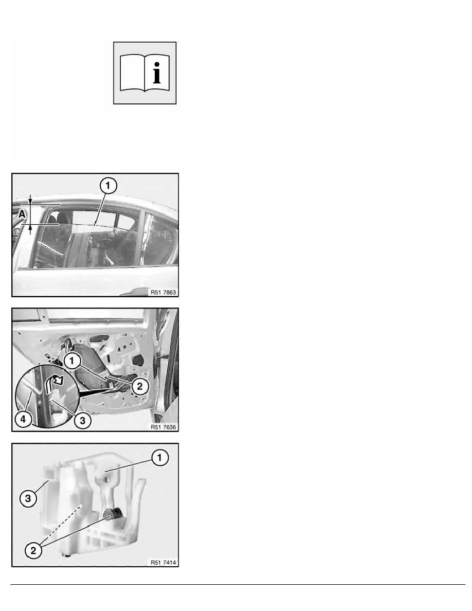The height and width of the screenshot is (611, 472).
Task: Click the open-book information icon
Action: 144,73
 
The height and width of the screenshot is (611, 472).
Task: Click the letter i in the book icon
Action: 157,73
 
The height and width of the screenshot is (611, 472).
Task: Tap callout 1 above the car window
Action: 108,186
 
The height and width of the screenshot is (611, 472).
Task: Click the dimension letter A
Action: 22,214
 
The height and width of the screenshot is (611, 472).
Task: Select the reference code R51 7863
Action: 164,292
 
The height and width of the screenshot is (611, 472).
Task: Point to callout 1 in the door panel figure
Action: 71,361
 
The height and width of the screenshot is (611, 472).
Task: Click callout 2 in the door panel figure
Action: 140,387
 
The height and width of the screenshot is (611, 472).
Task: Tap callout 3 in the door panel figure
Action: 83,421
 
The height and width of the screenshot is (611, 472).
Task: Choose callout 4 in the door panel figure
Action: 23,419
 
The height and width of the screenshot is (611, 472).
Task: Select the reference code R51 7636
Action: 164,427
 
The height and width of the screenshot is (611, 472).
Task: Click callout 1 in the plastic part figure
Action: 159,457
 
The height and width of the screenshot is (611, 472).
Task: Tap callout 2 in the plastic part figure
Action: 33,550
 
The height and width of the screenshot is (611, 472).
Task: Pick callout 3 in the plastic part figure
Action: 28,498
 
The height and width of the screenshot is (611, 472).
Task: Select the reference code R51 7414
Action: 164,562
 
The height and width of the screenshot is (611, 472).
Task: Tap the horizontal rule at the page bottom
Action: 238,584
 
